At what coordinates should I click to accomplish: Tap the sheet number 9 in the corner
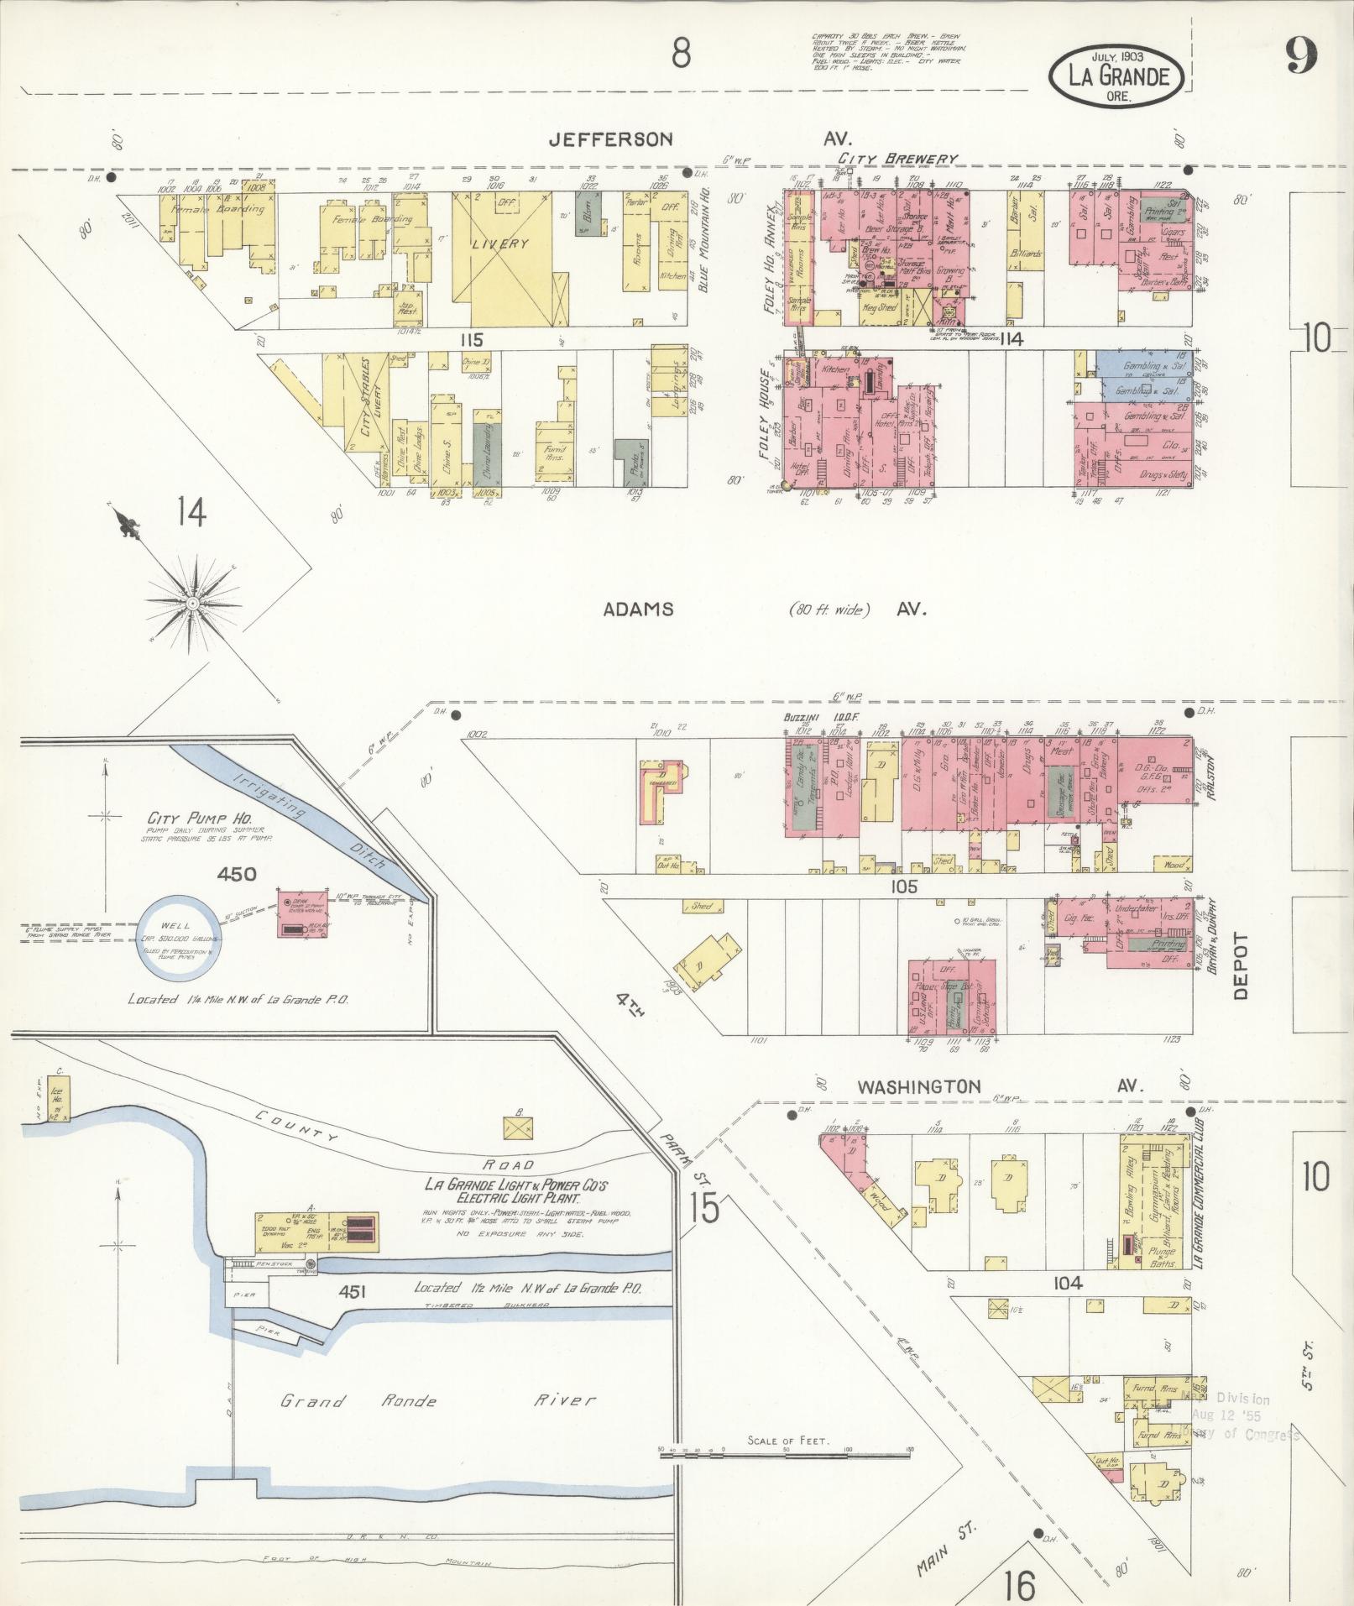[x=1299, y=57]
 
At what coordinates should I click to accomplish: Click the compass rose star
[x=192, y=603]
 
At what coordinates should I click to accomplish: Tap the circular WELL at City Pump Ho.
[x=179, y=937]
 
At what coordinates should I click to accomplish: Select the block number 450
[x=236, y=875]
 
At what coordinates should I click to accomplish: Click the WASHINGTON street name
[x=918, y=1086]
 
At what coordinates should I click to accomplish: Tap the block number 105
[x=899, y=887]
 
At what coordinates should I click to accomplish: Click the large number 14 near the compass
[x=191, y=511]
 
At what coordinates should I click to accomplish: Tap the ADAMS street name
[x=638, y=609]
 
